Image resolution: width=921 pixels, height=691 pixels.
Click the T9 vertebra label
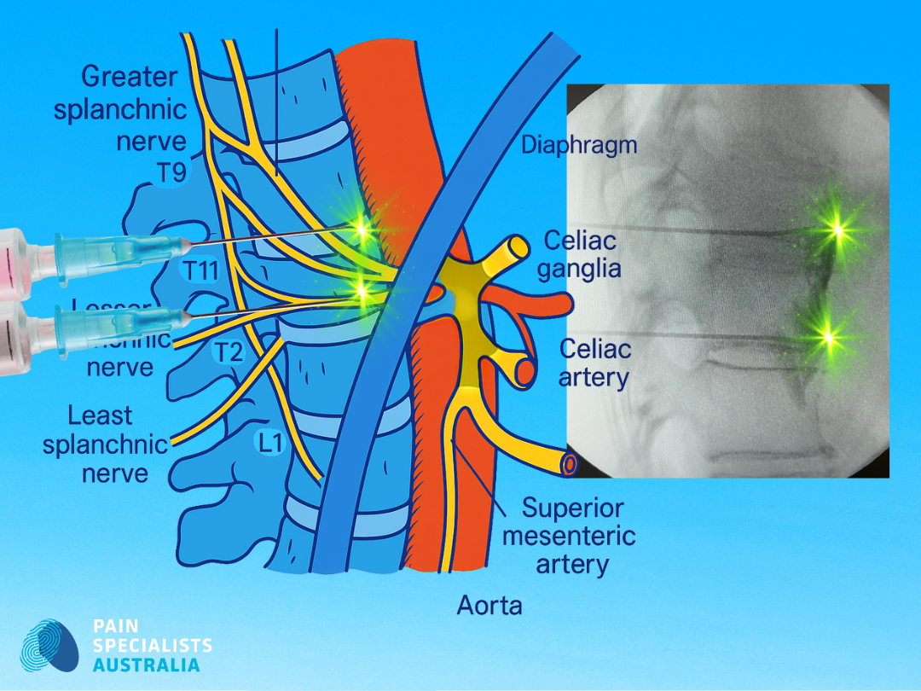[x=171, y=174]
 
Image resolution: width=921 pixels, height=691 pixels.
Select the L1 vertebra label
[x=270, y=442]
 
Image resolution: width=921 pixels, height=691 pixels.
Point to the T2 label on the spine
[x=229, y=351]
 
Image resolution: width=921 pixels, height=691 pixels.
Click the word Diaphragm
[x=579, y=145]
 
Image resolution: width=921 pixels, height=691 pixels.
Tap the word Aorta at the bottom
[x=489, y=606]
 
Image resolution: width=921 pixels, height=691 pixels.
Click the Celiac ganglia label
[x=582, y=254]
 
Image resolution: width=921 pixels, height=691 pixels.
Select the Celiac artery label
[x=595, y=363]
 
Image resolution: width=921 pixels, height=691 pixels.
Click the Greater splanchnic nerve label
[x=123, y=108]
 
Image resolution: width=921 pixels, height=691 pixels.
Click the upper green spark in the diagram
[x=362, y=229]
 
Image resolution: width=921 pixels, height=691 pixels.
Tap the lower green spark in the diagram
[x=362, y=291]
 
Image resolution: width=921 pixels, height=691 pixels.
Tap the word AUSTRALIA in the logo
[x=147, y=665]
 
